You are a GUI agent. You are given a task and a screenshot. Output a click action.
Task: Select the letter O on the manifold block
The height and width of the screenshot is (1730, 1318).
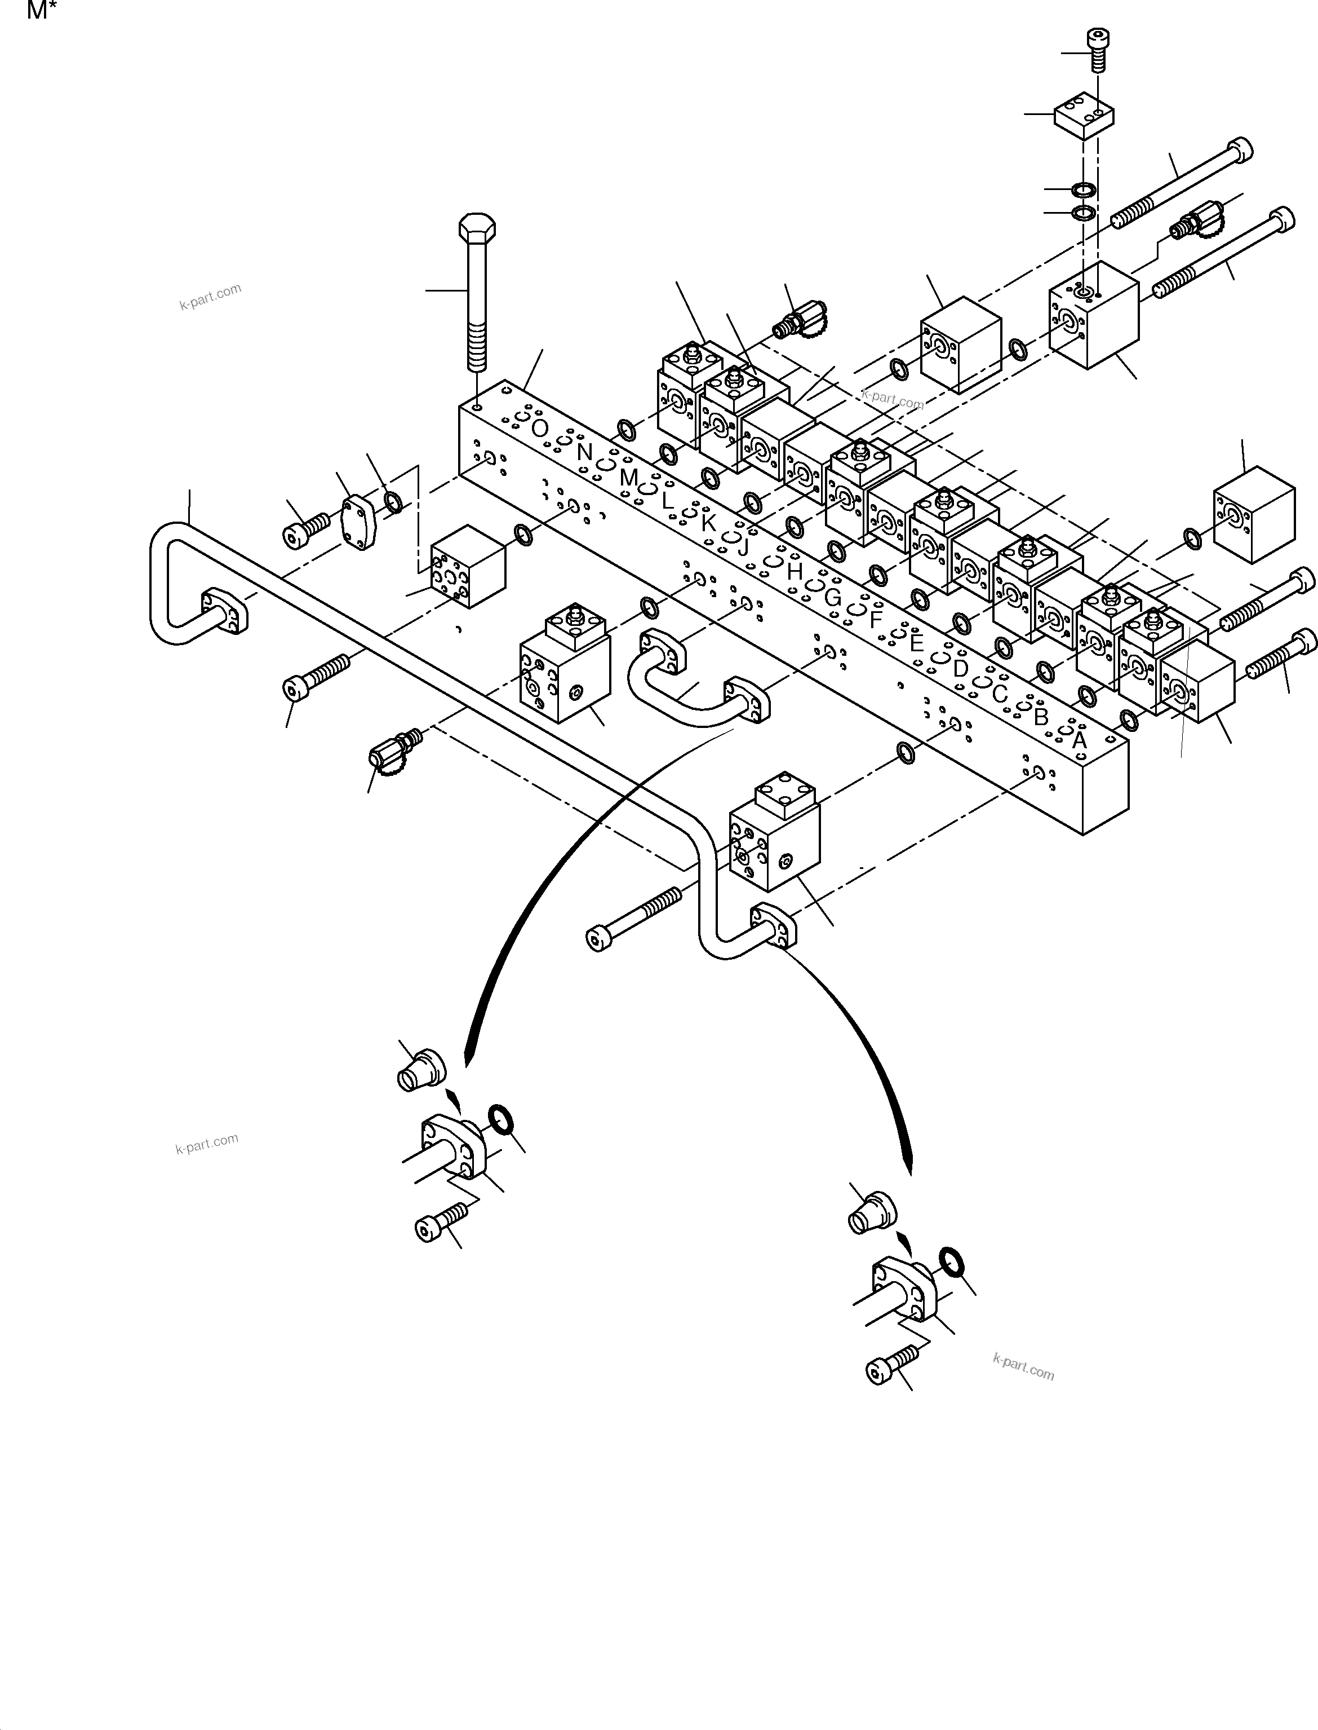539,429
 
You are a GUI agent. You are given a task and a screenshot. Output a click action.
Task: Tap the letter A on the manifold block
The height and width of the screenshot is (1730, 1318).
1080,739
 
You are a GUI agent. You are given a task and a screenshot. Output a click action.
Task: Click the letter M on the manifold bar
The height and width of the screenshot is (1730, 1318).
628,476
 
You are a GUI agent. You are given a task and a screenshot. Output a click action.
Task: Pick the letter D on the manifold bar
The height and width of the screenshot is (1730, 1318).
960,669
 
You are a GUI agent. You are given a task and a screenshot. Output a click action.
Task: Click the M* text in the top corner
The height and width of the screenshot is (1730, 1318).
42,11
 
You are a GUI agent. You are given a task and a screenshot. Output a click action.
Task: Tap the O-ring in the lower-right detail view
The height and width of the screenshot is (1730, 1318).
950,1262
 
